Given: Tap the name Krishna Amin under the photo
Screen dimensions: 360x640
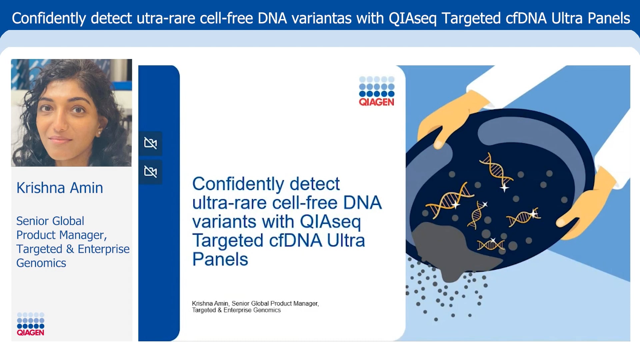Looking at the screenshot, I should click(60, 188).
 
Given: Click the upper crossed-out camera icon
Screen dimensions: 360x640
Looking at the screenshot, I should click(150, 143).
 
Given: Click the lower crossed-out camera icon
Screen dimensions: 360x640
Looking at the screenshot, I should click(150, 172).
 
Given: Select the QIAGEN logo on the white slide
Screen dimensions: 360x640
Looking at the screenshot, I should click(376, 92).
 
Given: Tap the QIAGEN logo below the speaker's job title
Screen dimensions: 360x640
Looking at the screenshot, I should click(30, 324).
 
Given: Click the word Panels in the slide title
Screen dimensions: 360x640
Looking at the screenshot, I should click(220, 259).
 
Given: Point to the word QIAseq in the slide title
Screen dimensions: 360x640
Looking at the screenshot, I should click(330, 222).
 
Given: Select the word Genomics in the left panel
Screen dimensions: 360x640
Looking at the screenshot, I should click(41, 263).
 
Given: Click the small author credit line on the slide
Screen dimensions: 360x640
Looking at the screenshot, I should click(255, 307).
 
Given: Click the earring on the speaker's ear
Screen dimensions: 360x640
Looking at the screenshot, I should click(99, 133).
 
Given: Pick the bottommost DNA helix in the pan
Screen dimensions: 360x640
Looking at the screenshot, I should click(491, 245).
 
